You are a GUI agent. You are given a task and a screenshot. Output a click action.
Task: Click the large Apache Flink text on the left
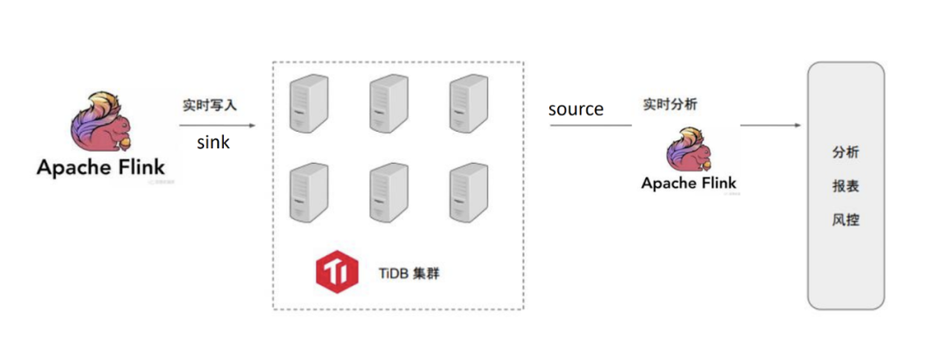[x=101, y=167]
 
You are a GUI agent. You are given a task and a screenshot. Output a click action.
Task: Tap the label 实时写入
[x=209, y=105]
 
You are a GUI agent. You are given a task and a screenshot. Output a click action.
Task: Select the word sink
[x=213, y=142]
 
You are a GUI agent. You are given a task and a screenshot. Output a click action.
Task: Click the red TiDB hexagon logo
[x=337, y=272]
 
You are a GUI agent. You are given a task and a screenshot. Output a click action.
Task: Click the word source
[x=576, y=109]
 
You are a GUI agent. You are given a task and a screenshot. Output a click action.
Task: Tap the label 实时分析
[x=670, y=105]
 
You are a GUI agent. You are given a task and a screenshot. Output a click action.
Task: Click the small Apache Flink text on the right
[x=689, y=183]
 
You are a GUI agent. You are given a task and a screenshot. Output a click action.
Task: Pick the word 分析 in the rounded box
[x=846, y=152]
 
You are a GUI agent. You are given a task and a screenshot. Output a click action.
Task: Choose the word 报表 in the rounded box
[x=846, y=187]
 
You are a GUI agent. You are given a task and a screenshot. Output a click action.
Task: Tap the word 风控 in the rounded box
[x=846, y=220]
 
